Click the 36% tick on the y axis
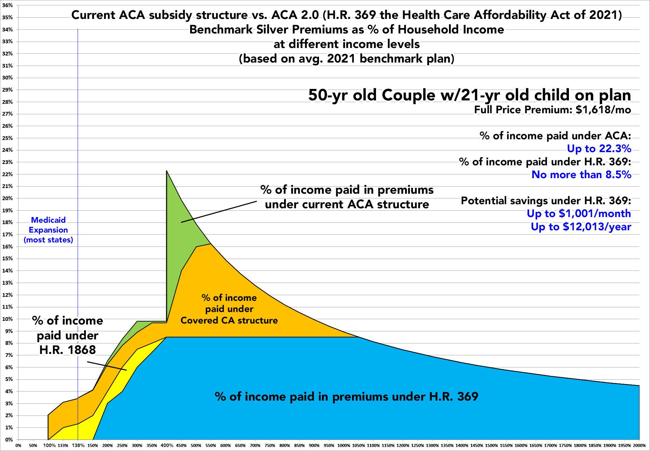(x=7, y=5)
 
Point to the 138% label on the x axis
(x=78, y=446)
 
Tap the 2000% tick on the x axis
(x=639, y=446)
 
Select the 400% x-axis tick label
(x=167, y=446)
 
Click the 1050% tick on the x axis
(x=358, y=446)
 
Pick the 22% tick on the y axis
(x=7, y=174)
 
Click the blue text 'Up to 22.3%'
(x=599, y=149)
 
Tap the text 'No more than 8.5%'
(x=581, y=175)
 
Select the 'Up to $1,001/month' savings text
(x=579, y=214)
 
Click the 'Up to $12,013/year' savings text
(x=581, y=227)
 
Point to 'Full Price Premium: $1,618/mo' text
(x=552, y=110)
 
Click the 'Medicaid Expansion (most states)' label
(x=48, y=230)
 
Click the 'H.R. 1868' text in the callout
(x=68, y=350)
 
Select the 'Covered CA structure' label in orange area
(x=229, y=320)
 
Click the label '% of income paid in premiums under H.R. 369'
(x=346, y=396)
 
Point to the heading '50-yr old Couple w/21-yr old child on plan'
(x=470, y=95)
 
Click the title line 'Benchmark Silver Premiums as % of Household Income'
(x=346, y=30)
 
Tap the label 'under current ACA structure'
(x=347, y=204)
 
